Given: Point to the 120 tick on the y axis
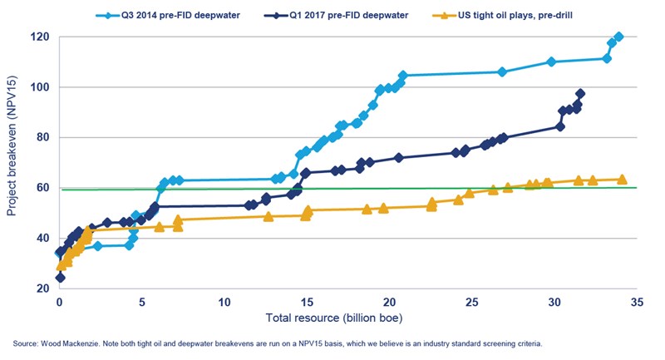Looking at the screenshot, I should pos(40,37).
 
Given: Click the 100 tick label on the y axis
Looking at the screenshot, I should pos(40,87).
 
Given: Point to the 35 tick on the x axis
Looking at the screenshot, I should pos(636,303).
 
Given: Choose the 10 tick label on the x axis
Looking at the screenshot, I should pos(224,303).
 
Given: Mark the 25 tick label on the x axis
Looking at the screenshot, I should pos(471,303).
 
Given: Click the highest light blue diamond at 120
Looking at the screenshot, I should pos(618,37).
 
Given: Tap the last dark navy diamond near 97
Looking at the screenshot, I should pos(580,94).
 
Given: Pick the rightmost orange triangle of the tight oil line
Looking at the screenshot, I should pos(622,180).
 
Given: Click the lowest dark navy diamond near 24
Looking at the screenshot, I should pos(60,278).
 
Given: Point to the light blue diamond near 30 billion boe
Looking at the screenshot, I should pos(552,62).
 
